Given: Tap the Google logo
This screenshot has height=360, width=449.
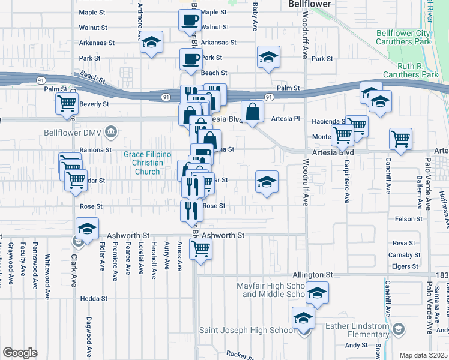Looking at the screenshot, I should (x=20, y=353).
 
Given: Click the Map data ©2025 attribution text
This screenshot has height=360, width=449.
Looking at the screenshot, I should (x=423, y=355).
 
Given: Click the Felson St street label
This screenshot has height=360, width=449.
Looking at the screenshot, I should (x=409, y=219).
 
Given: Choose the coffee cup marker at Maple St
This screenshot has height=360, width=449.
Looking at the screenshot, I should (x=190, y=20).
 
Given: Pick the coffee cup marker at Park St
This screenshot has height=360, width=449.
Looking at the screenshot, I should (x=191, y=59).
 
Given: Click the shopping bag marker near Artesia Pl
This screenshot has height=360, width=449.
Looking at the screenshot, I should (x=253, y=111).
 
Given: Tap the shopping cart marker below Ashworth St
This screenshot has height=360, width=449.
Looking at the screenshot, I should (x=200, y=247).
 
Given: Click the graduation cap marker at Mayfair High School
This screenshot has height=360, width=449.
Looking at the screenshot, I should (x=316, y=294).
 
